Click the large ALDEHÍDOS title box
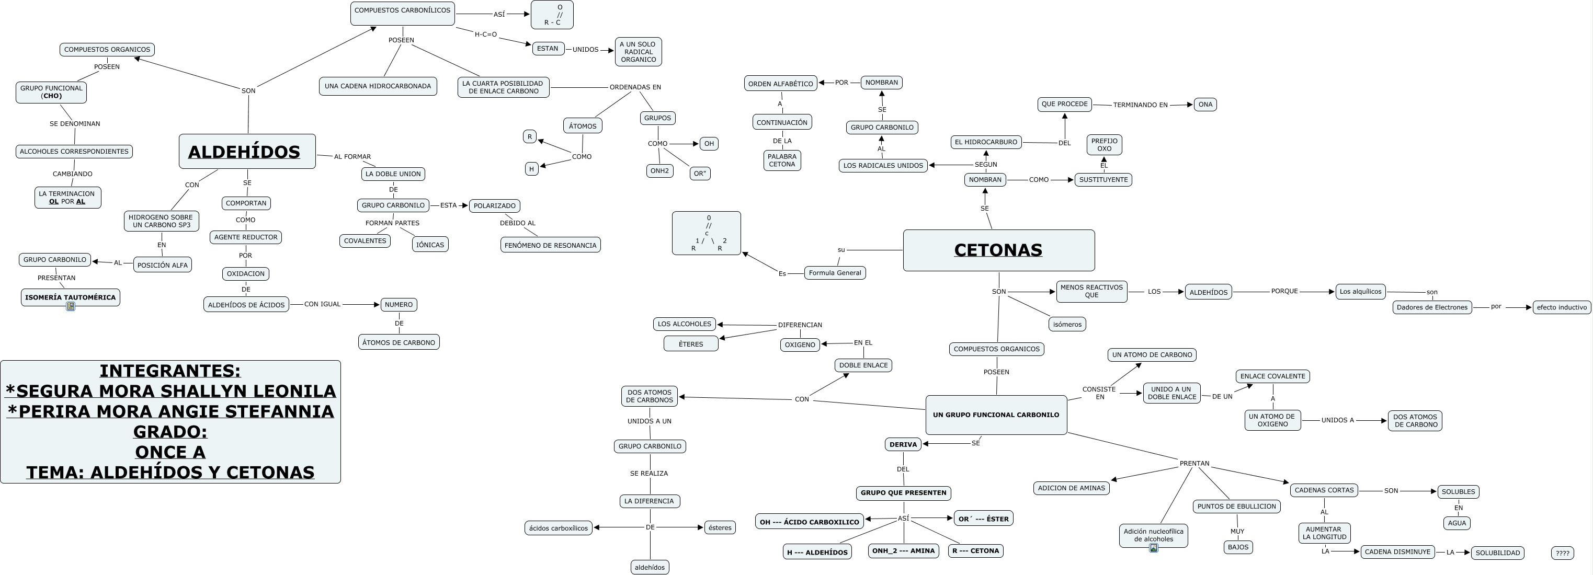[x=247, y=152]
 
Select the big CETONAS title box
[x=998, y=250]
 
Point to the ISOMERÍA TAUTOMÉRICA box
[x=70, y=297]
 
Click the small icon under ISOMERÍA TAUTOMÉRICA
[x=71, y=306]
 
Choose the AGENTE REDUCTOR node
[x=245, y=237]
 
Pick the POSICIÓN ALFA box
[x=162, y=265]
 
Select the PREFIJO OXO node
[x=1104, y=145]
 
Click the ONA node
[x=1204, y=105]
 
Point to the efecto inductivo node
[x=1561, y=307]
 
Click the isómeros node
[x=1067, y=324]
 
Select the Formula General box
[x=834, y=273]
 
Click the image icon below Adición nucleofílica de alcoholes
[x=1153, y=548]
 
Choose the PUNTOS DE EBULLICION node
[x=1236, y=507]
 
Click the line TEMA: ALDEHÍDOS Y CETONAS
[x=170, y=473]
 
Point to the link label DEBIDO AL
[x=517, y=223]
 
